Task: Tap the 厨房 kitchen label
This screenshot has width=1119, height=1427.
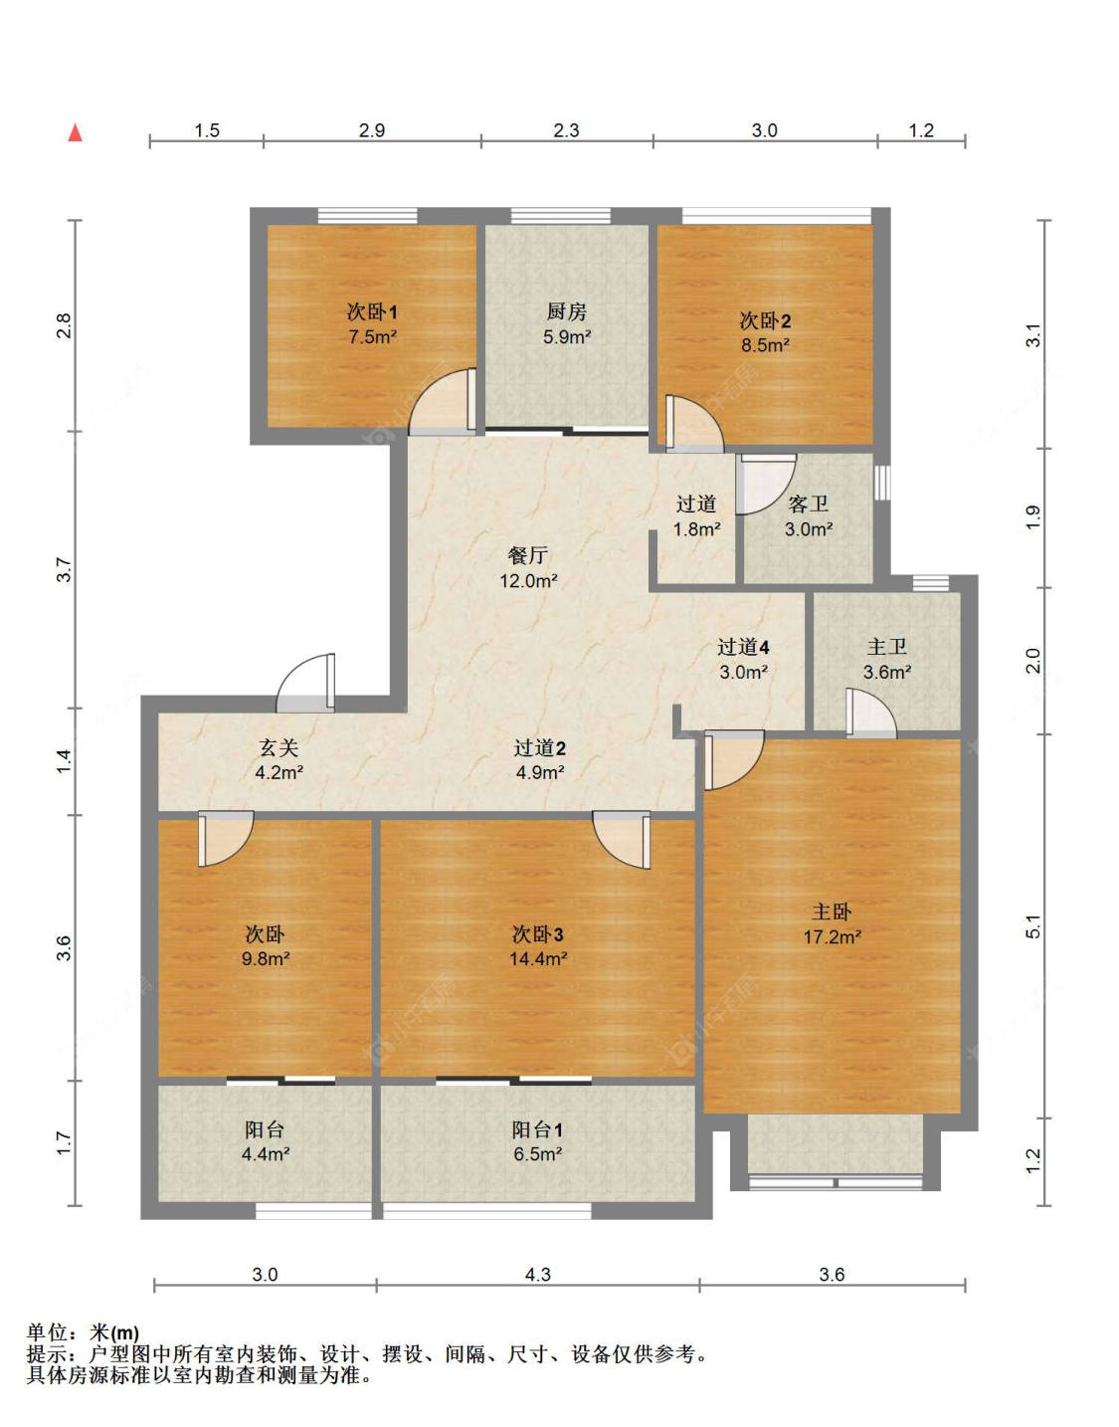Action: (x=566, y=311)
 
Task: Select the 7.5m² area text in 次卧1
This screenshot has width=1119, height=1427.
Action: (x=372, y=337)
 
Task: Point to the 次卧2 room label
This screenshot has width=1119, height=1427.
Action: (x=765, y=320)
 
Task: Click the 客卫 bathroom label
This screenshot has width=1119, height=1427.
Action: (x=808, y=505)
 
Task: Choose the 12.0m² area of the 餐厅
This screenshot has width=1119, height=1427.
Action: (x=529, y=580)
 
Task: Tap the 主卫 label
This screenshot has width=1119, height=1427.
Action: (x=886, y=647)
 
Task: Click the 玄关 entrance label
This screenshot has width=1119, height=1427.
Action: (x=279, y=747)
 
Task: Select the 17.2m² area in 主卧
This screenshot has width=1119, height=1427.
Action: (x=833, y=936)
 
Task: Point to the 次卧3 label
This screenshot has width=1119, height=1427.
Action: (x=537, y=933)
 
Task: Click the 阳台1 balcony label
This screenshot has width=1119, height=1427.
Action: (x=537, y=1129)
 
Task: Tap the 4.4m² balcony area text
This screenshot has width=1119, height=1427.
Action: (x=266, y=1153)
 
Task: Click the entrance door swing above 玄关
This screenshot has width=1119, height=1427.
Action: (x=305, y=683)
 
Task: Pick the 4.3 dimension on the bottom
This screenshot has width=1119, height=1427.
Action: (x=537, y=1275)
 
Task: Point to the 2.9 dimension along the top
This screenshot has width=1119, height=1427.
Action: (x=372, y=130)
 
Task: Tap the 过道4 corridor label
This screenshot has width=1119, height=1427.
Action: (x=743, y=647)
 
